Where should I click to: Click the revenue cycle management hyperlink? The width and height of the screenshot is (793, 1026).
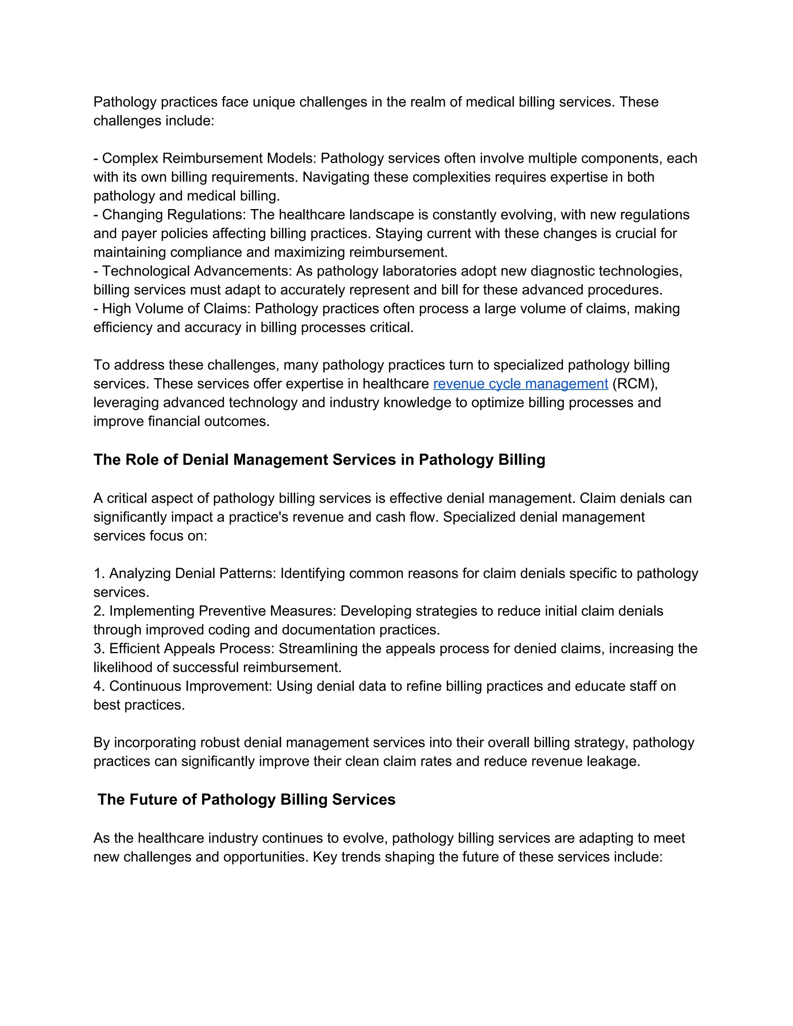[520, 384]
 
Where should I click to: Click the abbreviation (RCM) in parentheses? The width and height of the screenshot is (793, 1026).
[635, 384]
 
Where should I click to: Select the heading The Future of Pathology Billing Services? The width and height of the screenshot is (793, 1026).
[246, 799]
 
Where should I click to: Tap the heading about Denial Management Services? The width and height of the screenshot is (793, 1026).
[319, 460]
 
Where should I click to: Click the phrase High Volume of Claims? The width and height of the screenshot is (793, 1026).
[176, 309]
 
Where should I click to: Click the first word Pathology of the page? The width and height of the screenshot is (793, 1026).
[125, 102]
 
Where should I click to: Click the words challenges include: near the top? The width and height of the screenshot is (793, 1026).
[154, 121]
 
